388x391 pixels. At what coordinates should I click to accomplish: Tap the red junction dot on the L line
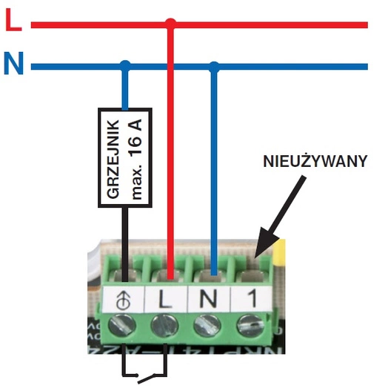tap(170, 24)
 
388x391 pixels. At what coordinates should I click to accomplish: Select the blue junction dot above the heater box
tap(126, 66)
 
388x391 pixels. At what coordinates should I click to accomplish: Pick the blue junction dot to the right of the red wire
tap(214, 66)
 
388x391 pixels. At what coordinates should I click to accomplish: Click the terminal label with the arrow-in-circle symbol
tap(126, 300)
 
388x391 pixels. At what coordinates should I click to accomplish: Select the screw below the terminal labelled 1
tap(247, 327)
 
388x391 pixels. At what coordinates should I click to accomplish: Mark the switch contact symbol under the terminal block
tap(145, 369)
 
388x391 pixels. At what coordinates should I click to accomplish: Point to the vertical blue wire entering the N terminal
tap(214, 185)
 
